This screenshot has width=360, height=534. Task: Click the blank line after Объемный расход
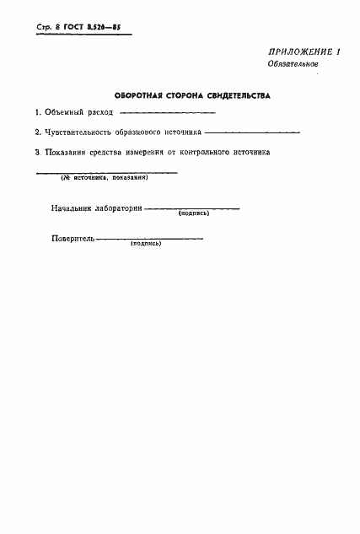(168, 113)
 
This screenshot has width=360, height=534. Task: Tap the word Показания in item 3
(69, 153)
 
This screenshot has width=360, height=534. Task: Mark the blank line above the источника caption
(106, 172)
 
